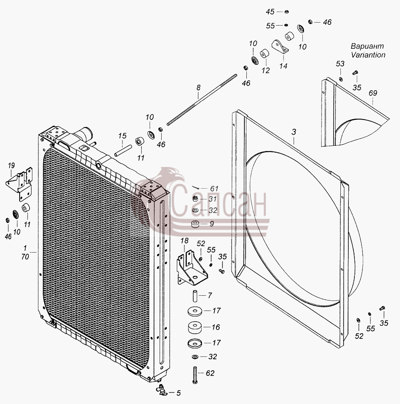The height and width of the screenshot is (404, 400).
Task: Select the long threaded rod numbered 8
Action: [x=202, y=100]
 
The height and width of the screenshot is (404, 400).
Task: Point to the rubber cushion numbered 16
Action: [x=195, y=327]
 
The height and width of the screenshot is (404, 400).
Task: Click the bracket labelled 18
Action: [x=191, y=268]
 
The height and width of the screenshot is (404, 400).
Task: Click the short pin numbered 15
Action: [x=123, y=151]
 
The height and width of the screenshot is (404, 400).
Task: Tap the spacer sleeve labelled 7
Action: [x=195, y=296]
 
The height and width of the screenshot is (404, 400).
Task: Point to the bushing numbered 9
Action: [x=195, y=224]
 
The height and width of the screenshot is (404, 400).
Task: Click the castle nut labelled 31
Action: [x=195, y=199]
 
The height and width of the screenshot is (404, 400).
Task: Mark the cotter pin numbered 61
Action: [x=195, y=187]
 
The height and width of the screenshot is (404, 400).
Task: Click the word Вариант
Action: [x=367, y=46]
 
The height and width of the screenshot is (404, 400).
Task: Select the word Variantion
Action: [x=368, y=55]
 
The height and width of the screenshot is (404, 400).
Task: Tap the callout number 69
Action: [x=373, y=93]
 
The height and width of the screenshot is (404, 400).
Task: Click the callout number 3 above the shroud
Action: [x=294, y=132]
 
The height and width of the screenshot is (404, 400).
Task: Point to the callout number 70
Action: [x=25, y=257]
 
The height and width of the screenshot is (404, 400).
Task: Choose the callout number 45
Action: [x=270, y=12]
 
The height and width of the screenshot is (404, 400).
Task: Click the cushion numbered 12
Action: [x=264, y=54]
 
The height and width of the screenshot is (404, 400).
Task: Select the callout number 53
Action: [x=340, y=64]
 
